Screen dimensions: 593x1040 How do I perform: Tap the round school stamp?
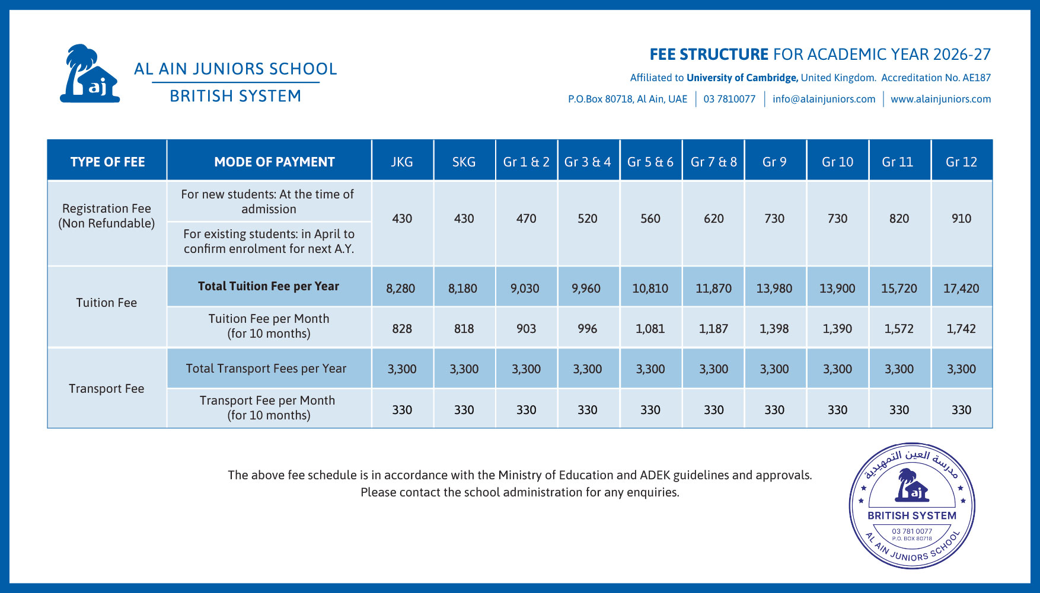pyautogui.click(x=912, y=506)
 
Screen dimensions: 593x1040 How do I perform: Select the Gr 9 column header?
pyautogui.click(x=774, y=162)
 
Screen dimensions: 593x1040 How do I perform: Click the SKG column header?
pyautogui.click(x=464, y=162)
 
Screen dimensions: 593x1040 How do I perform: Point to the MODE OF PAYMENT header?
pyautogui.click(x=274, y=162)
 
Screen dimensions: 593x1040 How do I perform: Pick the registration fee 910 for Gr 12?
pyautogui.click(x=961, y=219)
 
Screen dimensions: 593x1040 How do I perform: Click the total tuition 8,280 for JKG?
pyautogui.click(x=401, y=289)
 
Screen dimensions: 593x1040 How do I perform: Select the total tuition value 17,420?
pyautogui.click(x=961, y=289)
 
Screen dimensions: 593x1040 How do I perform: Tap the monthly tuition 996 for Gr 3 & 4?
pyautogui.click(x=587, y=329)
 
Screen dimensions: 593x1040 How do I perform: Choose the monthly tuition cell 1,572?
pyautogui.click(x=899, y=329)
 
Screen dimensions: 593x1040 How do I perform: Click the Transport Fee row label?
pyautogui.click(x=107, y=389)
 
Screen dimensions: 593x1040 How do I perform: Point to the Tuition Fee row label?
pyautogui.click(x=107, y=303)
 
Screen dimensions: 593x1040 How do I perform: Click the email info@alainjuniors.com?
pyautogui.click(x=824, y=99)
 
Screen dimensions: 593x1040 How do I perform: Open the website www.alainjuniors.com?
pyautogui.click(x=940, y=99)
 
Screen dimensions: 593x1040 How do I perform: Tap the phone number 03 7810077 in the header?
pyautogui.click(x=729, y=99)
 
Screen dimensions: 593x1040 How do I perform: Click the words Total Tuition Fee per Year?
pyautogui.click(x=269, y=286)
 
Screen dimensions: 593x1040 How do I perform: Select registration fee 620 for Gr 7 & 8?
pyautogui.click(x=713, y=219)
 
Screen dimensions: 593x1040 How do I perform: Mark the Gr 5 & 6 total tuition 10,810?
pyautogui.click(x=650, y=289)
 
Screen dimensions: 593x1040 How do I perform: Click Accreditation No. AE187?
pyautogui.click(x=936, y=78)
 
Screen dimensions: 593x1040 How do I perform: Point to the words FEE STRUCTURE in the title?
pyautogui.click(x=709, y=55)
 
